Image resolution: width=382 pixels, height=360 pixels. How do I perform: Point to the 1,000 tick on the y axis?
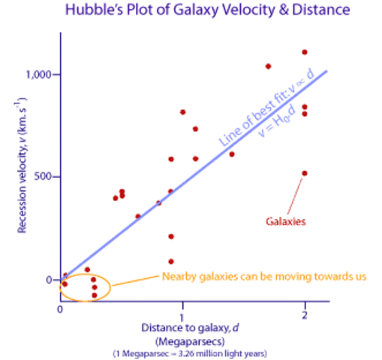37,74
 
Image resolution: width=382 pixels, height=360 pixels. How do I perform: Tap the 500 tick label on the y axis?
43,177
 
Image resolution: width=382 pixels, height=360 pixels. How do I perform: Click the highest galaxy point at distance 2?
305,52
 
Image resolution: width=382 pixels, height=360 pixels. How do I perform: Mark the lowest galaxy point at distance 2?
305,173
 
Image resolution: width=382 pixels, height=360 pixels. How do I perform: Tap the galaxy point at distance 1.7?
268,66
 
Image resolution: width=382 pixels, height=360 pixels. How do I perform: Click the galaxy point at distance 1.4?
232,154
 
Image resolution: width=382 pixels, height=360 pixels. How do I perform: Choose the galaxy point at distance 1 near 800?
183,112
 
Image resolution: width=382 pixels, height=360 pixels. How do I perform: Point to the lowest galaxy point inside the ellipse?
95,295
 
